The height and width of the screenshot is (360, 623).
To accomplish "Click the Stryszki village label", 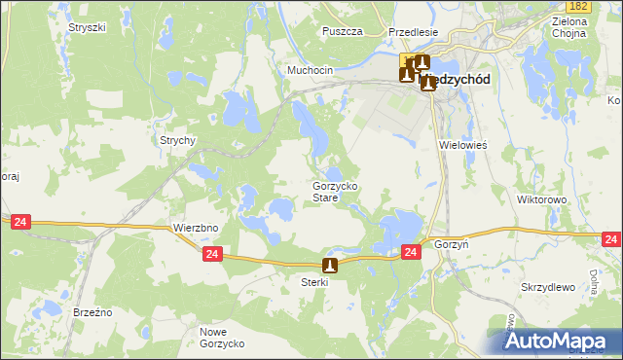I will coord(87,27).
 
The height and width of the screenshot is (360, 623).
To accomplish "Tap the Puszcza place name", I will coord(342,31).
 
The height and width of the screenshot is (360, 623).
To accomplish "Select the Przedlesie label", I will coord(413,31).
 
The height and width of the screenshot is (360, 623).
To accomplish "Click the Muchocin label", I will coord(310,71).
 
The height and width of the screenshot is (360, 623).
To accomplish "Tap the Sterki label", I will coord(315,282).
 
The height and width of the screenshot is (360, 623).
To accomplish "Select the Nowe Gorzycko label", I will coord(222,339).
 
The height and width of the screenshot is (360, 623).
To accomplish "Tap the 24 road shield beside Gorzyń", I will coord(411,252).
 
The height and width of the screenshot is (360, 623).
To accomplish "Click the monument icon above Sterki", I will coord(330,265).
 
